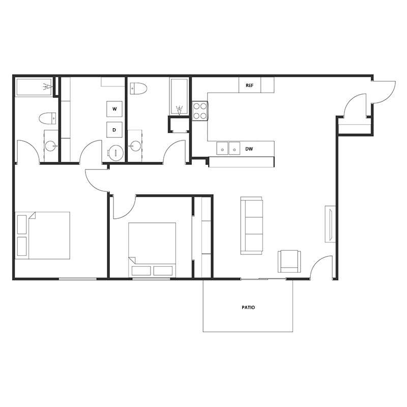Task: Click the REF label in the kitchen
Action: click(249, 85)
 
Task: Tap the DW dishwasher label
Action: click(249, 149)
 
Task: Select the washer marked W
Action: click(114, 109)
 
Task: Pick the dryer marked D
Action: click(114, 130)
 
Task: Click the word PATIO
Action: click(248, 308)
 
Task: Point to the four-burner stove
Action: click(200, 111)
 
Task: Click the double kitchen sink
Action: click(228, 148)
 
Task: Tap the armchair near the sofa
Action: click(289, 261)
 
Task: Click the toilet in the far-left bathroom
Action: click(47, 119)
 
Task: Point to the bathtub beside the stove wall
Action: click(179, 97)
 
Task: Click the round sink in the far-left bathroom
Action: click(51, 146)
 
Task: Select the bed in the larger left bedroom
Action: click(43, 236)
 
